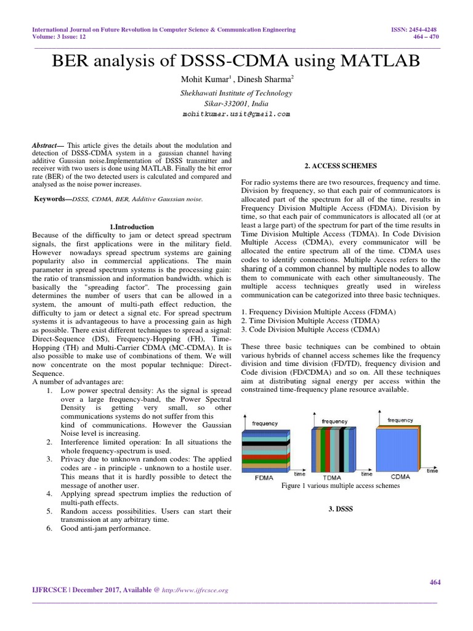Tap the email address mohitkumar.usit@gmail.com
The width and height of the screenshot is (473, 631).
[x=236, y=114]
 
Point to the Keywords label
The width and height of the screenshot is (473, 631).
[x=52, y=199]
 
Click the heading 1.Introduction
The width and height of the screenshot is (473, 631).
[x=131, y=227]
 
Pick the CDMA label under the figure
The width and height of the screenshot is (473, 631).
[x=404, y=476]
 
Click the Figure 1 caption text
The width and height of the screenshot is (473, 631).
[x=341, y=486]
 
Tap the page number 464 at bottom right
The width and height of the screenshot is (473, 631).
[x=434, y=582]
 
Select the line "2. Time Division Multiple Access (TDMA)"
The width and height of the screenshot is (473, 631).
[x=310, y=321]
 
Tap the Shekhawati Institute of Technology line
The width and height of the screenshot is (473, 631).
[x=236, y=94]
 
